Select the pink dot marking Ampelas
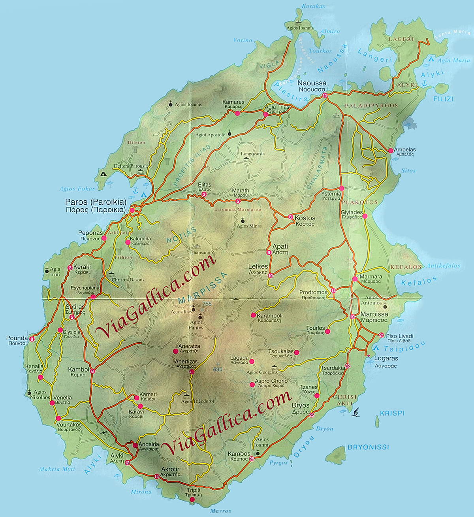[391, 151]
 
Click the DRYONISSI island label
[368, 447]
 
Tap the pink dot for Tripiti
[192, 500]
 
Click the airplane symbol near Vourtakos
[104, 432]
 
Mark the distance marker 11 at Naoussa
[325, 96]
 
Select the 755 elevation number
[207, 304]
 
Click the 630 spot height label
[218, 370]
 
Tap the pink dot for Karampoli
[253, 315]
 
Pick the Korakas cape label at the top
[313, 6]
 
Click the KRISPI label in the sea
[392, 413]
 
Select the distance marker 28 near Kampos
[252, 459]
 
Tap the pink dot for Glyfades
[365, 216]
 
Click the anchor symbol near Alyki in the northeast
[425, 83]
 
